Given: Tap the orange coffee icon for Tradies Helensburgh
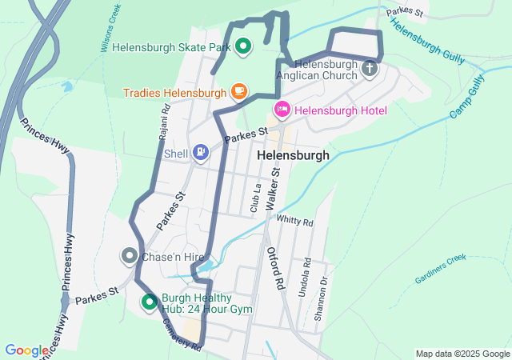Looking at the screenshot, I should pos(238,93).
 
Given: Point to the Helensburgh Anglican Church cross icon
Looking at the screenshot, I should pos(369,69).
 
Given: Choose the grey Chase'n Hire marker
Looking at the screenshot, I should pos(129,256).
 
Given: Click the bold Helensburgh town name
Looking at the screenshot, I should pos(294,156).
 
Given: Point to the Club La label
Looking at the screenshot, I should pos(256,198).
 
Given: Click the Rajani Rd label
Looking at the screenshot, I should pos(163,119).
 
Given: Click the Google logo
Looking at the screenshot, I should pos(26,350).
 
